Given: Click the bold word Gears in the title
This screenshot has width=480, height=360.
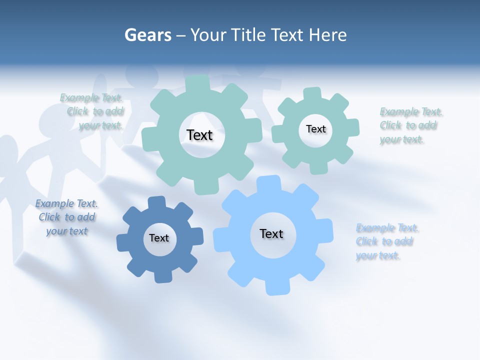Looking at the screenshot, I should (x=147, y=35).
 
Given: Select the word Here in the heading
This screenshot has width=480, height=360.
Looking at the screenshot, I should (x=328, y=35).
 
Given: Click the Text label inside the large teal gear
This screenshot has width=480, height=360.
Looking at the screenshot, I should (x=199, y=135).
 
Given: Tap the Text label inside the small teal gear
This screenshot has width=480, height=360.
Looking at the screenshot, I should (x=315, y=129).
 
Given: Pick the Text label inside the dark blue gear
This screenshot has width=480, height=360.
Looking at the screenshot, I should (x=159, y=238).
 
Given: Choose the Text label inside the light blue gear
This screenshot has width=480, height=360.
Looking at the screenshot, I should (x=271, y=233).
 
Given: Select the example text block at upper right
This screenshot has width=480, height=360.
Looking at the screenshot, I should (x=410, y=125).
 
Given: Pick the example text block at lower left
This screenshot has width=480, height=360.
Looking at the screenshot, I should (x=66, y=217).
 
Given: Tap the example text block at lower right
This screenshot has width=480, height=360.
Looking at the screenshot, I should (x=386, y=241).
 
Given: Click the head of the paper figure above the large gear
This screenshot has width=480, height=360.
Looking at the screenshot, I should (x=142, y=73).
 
